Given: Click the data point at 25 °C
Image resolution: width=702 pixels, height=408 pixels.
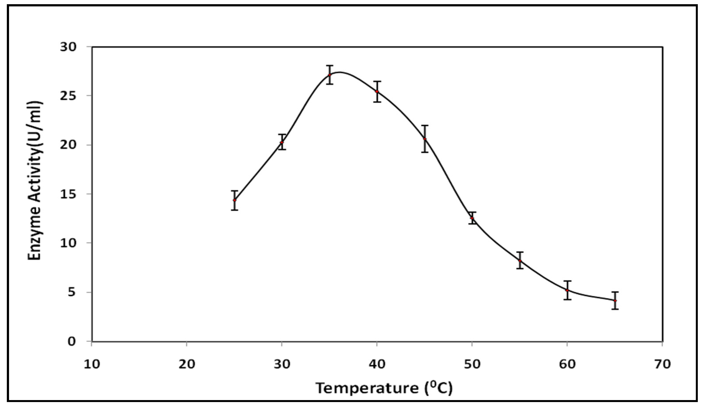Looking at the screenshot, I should coord(235,200).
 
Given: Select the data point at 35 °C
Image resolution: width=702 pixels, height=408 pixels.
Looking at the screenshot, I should coord(330,75).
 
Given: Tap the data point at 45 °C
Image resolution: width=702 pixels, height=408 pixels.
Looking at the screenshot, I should coord(425,139).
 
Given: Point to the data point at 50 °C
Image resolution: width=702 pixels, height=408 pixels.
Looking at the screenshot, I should coord(472,218).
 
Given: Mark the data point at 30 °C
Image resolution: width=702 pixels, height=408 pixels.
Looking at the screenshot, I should coord(282,142).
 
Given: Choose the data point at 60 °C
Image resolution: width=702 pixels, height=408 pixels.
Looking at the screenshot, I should coord(567,290).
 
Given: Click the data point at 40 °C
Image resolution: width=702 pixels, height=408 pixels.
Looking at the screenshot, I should coord(377,91).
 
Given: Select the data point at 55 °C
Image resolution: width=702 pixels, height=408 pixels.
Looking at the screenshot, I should coord(520,261).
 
